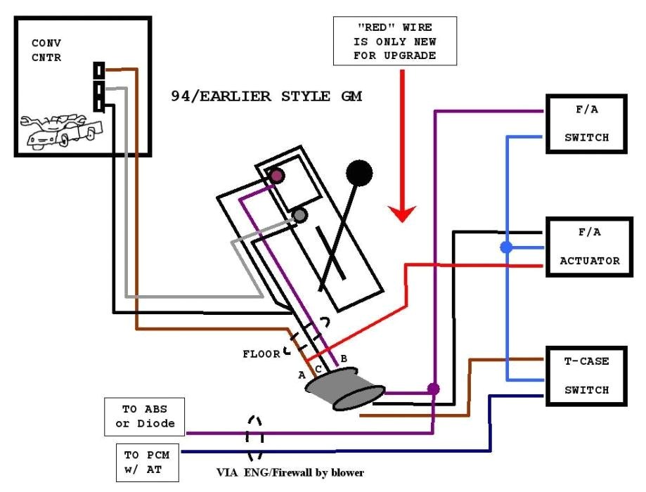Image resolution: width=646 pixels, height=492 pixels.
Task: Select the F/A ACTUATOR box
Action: [590, 247]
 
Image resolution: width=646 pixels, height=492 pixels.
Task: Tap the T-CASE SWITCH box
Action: [587, 375]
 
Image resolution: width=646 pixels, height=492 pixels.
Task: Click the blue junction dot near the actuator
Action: [505, 247]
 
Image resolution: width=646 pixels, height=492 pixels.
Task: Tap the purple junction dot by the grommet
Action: [434, 388]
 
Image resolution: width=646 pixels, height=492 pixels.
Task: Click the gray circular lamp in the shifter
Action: [300, 215]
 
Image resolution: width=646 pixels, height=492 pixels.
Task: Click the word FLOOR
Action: [261, 354]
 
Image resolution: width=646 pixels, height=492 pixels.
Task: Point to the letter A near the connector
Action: [301, 375]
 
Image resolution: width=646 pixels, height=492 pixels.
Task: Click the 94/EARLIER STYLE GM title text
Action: [266, 96]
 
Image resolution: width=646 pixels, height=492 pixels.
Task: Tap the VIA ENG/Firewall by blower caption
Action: [290, 472]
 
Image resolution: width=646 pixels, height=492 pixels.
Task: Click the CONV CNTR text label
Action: [46, 51]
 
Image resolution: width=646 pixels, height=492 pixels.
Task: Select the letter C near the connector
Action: [318, 369]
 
